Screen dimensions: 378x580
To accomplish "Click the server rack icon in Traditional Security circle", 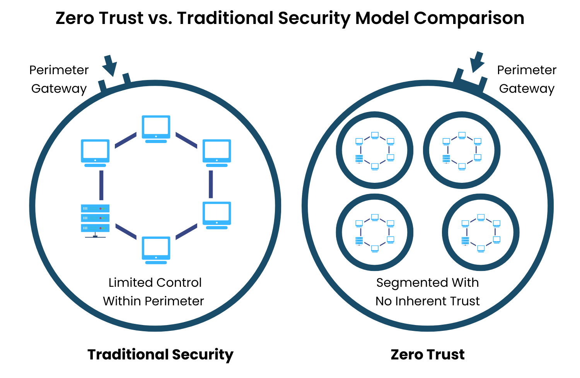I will click(x=95, y=219).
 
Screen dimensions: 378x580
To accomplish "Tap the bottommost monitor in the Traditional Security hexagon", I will click(x=156, y=250).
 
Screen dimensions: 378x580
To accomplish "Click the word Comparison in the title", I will click(x=469, y=18).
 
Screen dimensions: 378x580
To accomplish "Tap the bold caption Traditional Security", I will click(x=160, y=354).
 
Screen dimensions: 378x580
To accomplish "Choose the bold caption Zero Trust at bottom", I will click(x=427, y=354).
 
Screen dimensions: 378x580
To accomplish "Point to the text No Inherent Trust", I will click(x=427, y=301).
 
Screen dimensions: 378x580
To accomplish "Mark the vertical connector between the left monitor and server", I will click(x=101, y=185).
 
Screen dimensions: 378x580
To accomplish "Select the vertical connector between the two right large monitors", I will click(x=211, y=184).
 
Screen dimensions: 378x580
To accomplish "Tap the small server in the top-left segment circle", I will click(x=359, y=158).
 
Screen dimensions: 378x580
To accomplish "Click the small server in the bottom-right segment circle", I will click(x=465, y=241).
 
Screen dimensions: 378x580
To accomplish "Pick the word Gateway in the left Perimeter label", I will click(x=59, y=89).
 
